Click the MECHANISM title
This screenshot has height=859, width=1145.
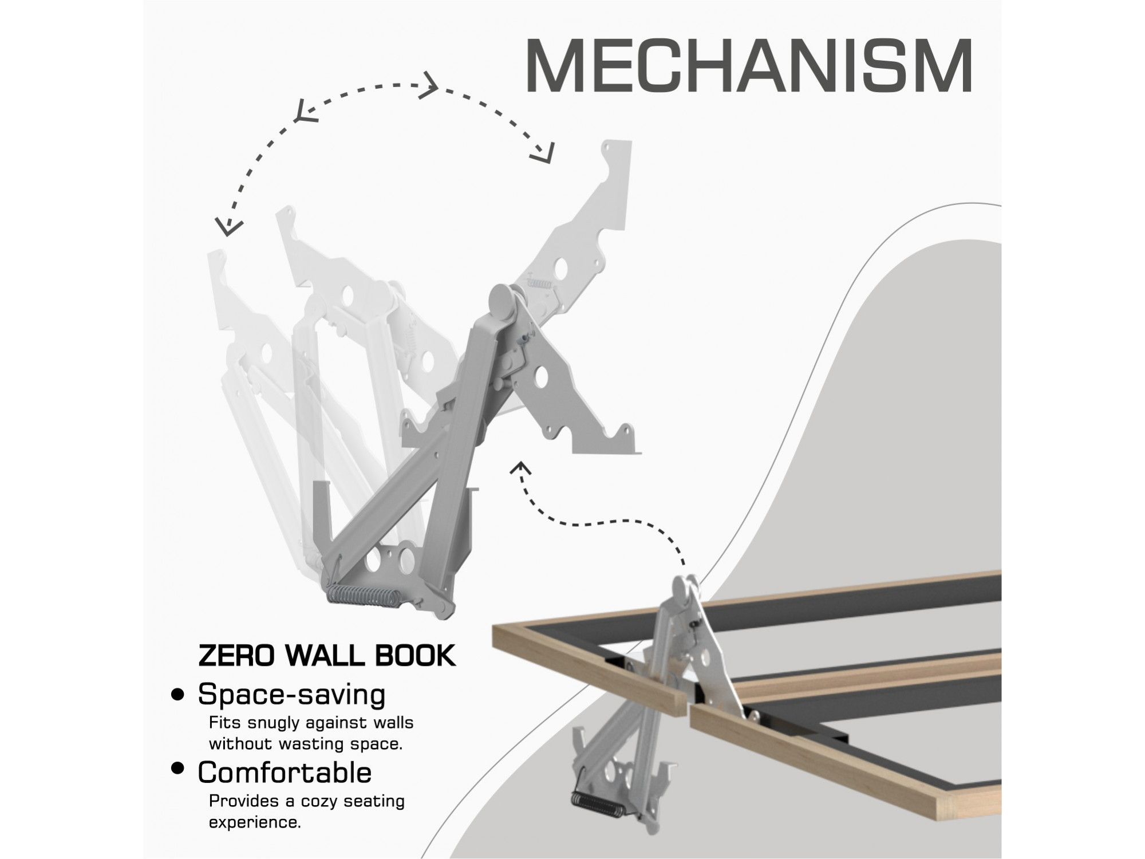pyautogui.click(x=749, y=66)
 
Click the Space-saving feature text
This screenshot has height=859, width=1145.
pyautogui.click(x=291, y=695)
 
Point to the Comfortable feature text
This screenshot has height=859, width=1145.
pyautogui.click(x=285, y=772)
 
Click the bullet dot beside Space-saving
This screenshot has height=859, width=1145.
pyautogui.click(x=179, y=695)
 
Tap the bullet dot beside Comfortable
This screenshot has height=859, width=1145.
pyautogui.click(x=179, y=769)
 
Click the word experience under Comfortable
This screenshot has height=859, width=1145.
pyautogui.click(x=255, y=823)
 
